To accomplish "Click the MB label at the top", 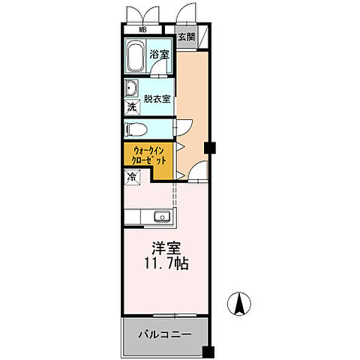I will coord(142,31).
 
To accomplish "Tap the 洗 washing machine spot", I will coord(131,107).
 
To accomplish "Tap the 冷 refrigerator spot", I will coord(131,178).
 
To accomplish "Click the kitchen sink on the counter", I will coord(161,217).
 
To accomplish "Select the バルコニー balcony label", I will coord(163,334).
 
